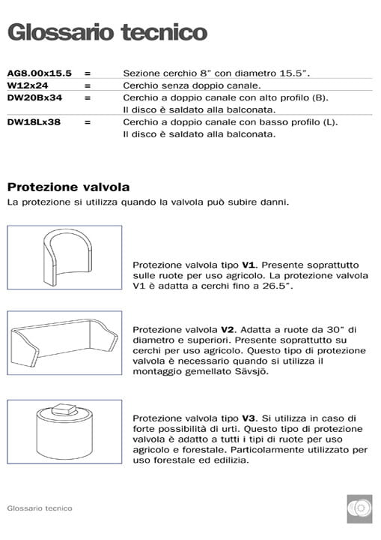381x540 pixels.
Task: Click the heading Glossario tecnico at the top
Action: [x=107, y=32]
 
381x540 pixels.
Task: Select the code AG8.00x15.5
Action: [x=39, y=73]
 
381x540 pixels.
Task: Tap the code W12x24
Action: [x=28, y=85]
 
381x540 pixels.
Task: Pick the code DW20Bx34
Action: [x=34, y=97]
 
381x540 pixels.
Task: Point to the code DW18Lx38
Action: [x=34, y=121]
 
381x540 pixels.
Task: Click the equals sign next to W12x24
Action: [x=88, y=85]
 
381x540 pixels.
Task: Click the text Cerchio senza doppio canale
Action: [x=182, y=85]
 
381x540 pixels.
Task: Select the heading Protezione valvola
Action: [x=68, y=186]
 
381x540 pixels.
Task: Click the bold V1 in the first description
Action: [x=249, y=265]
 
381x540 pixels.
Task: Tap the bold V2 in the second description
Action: [x=228, y=329]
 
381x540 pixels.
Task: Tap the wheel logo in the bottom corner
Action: [x=359, y=508]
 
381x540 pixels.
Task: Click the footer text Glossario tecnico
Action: [x=40, y=508]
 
